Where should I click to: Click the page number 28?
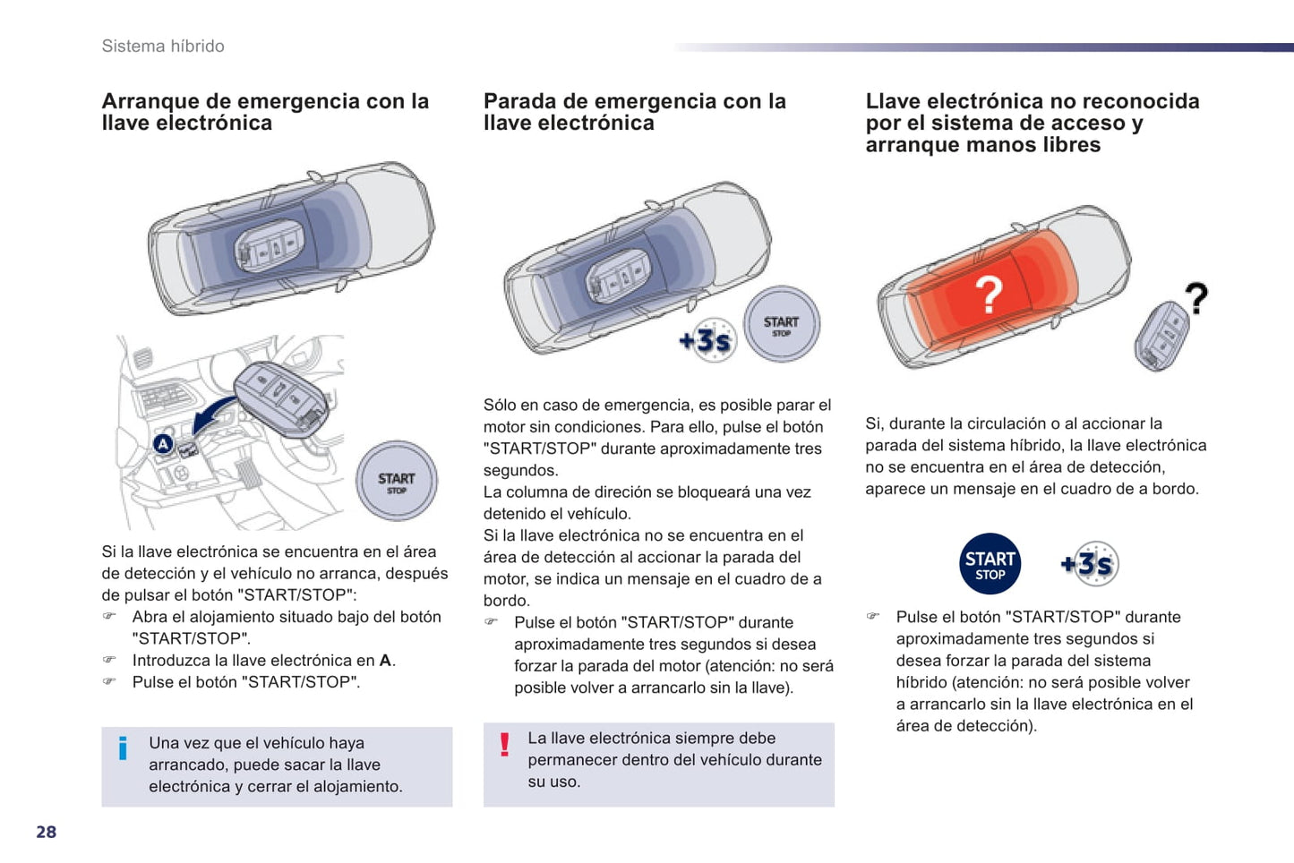tap(47, 832)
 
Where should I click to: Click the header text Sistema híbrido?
tap(163, 46)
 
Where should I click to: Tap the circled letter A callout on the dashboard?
tap(164, 444)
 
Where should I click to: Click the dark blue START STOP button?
tap(990, 564)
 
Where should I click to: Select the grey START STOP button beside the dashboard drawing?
tap(397, 481)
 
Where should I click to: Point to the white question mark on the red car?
tap(989, 295)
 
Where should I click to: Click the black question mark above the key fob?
tap(1197, 298)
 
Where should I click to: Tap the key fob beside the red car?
tap(1161, 337)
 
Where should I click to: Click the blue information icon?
tap(123, 748)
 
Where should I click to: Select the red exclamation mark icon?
tap(504, 745)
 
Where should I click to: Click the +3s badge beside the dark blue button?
tap(1090, 564)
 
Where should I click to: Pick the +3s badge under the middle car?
tap(708, 340)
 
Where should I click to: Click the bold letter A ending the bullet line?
tap(385, 661)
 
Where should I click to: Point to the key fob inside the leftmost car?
tap(269, 245)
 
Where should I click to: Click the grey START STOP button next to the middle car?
tap(781, 325)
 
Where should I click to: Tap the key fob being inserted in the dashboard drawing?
tap(281, 400)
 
